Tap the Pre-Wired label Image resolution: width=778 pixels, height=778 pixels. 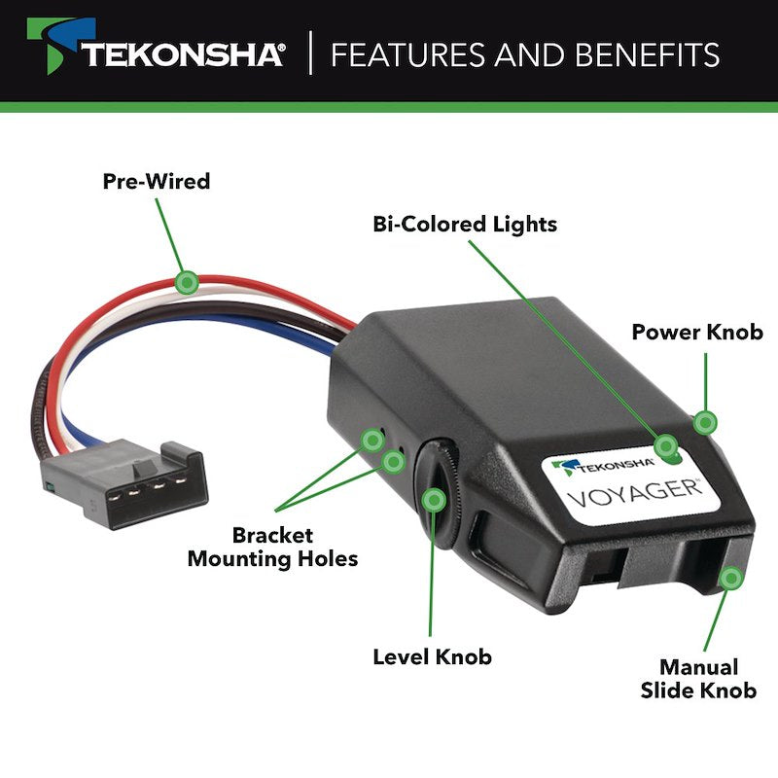click(x=157, y=181)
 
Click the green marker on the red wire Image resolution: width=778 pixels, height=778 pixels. click(x=188, y=282)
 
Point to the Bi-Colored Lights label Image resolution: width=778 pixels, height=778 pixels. click(x=465, y=225)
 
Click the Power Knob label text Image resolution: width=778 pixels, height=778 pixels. click(x=697, y=332)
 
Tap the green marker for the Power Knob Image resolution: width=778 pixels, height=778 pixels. click(x=705, y=422)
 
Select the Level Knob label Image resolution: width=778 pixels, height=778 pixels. click(x=432, y=656)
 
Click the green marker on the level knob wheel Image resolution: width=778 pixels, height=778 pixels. click(x=434, y=501)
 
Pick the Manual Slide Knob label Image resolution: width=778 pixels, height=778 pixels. click(x=698, y=679)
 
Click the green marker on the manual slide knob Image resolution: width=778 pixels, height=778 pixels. click(x=730, y=578)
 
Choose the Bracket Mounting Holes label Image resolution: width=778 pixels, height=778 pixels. click(x=272, y=548)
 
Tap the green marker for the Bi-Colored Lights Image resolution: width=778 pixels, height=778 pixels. click(x=666, y=446)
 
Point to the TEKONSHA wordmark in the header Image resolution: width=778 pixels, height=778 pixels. click(x=183, y=54)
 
